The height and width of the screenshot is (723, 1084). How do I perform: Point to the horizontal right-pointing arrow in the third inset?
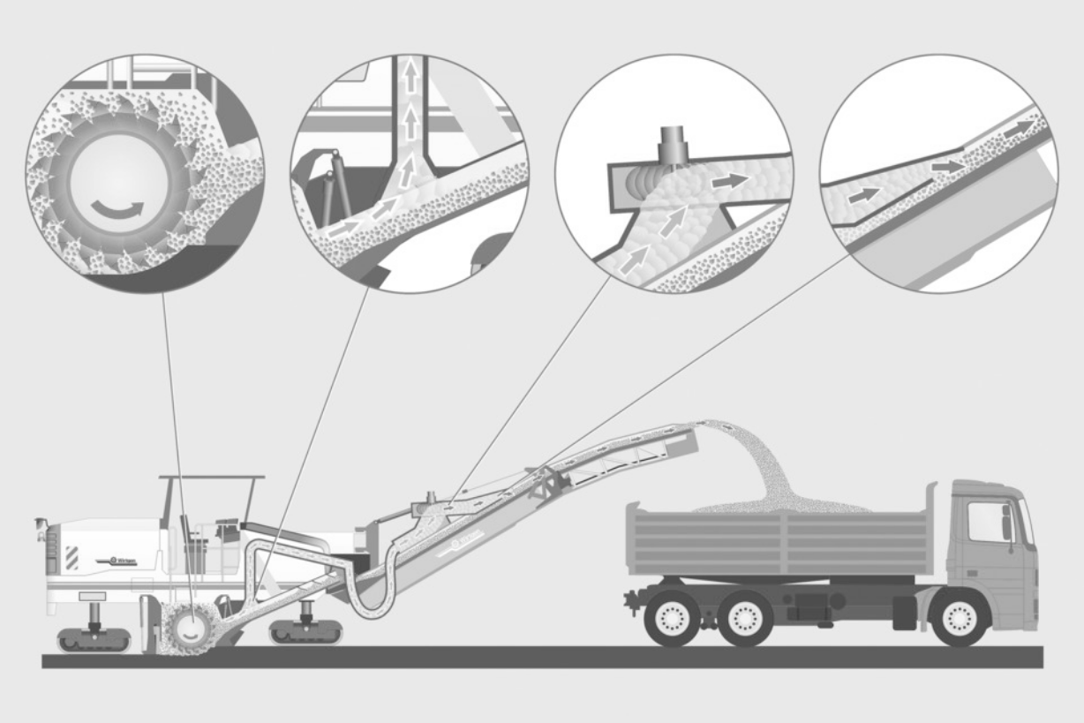coord(729,180)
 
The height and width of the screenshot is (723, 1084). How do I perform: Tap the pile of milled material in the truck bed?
coord(777,505)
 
